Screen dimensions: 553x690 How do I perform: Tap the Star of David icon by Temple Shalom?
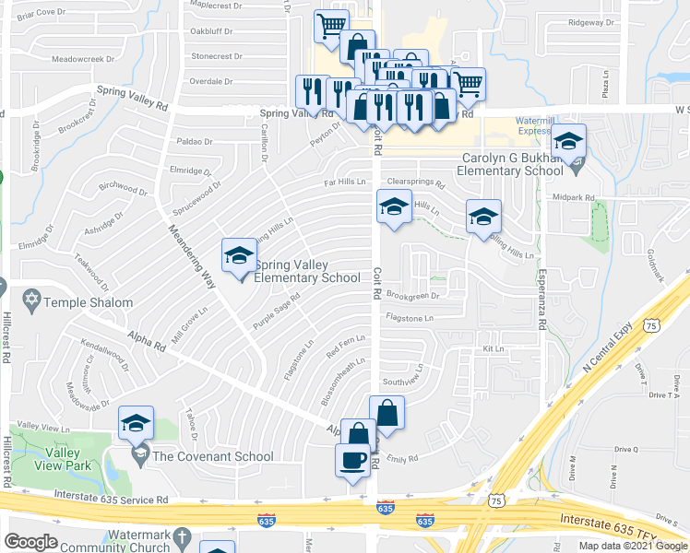pyautogui.click(x=31, y=301)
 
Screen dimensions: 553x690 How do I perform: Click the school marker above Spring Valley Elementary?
pyautogui.click(x=239, y=255)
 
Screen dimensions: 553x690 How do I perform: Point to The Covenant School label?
pyautogui.click(x=212, y=456)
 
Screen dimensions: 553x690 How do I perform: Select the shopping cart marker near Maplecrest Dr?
pyautogui.click(x=330, y=25)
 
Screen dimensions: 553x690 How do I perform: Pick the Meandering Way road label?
pyautogui.click(x=192, y=256)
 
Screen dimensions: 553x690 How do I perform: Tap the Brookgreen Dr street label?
pyautogui.click(x=411, y=296)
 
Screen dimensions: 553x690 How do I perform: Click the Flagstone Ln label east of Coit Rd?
pyautogui.click(x=409, y=318)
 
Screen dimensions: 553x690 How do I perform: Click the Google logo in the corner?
pyautogui.click(x=31, y=542)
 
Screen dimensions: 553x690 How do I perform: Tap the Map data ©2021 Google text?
pyautogui.click(x=633, y=546)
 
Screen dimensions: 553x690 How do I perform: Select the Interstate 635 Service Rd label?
pyautogui.click(x=111, y=500)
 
